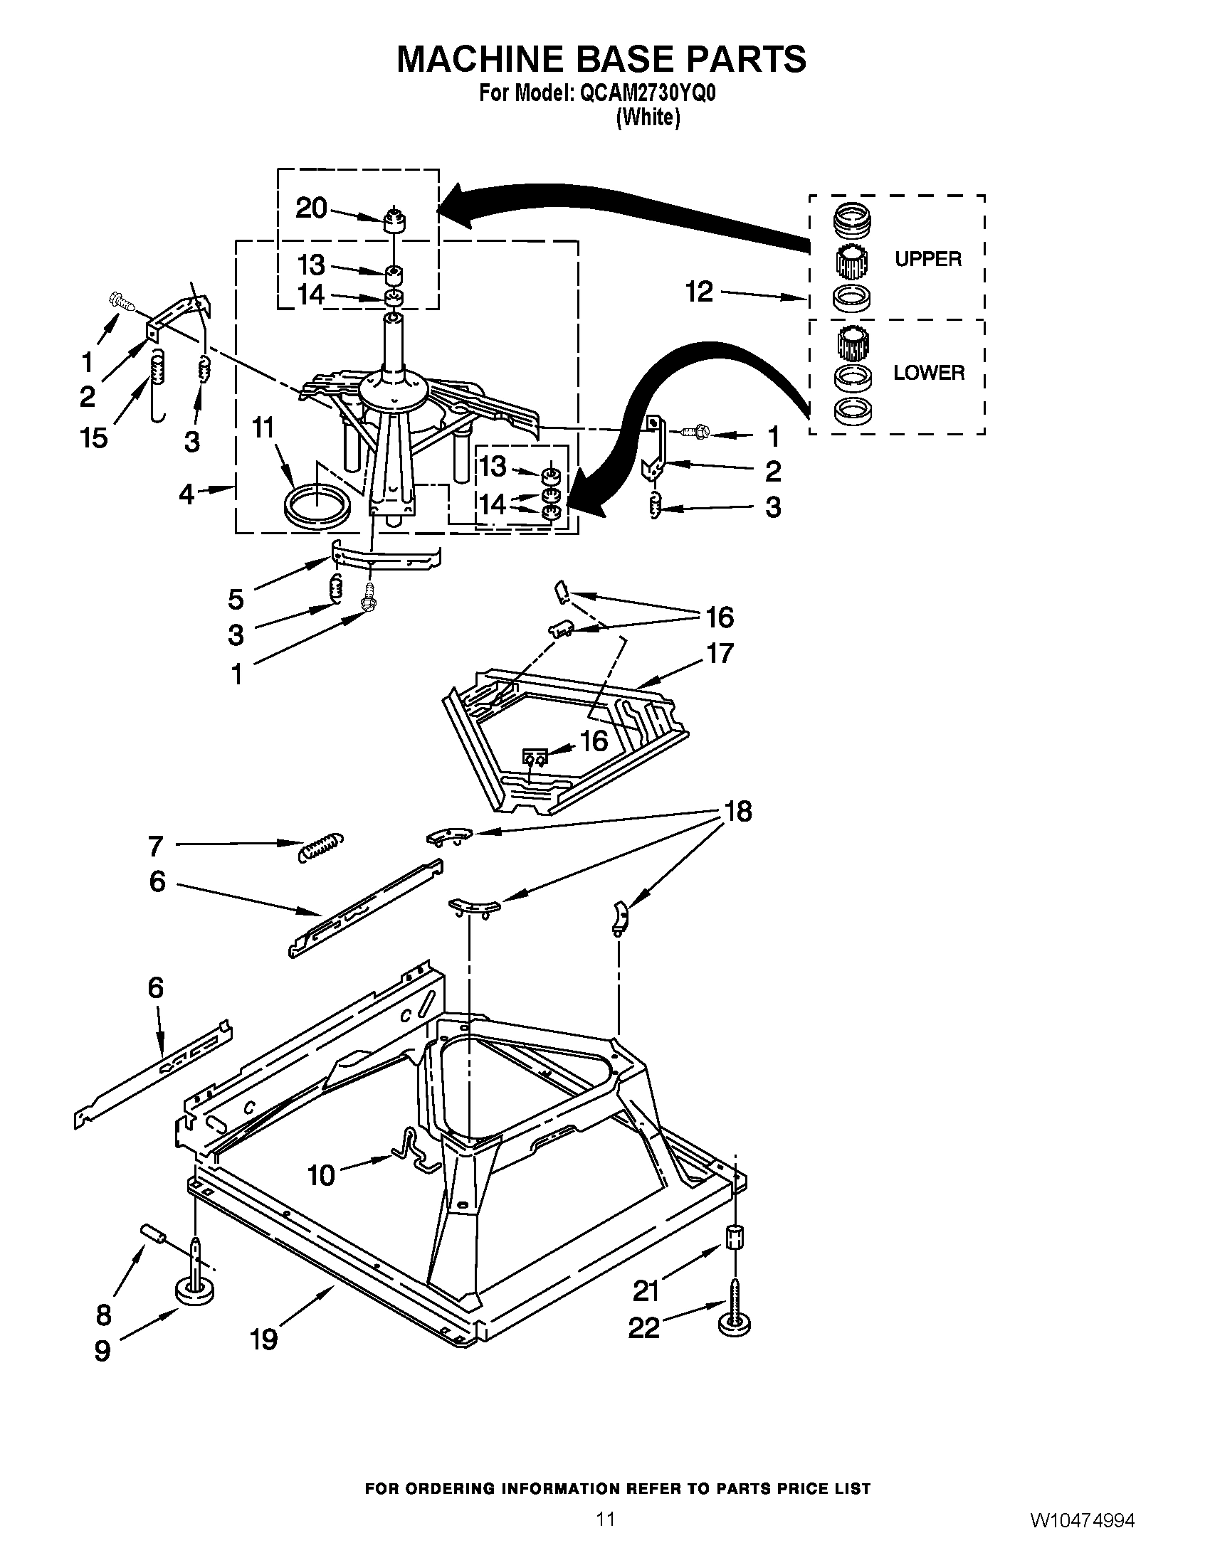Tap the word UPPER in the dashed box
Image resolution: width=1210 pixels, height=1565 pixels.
927,259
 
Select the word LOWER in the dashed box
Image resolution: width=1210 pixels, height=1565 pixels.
928,373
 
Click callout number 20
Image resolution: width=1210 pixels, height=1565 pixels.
311,208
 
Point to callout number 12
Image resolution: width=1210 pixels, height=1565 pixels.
699,292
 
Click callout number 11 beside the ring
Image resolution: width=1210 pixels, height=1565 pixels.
263,428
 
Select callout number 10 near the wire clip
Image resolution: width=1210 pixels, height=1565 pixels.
321,1175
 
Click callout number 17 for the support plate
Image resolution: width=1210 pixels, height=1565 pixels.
720,653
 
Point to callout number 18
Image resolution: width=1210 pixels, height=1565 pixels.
738,811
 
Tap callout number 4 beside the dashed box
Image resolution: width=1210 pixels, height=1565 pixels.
186,494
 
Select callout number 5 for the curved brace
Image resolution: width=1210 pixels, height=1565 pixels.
236,598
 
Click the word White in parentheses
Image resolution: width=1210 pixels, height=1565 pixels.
648,117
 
